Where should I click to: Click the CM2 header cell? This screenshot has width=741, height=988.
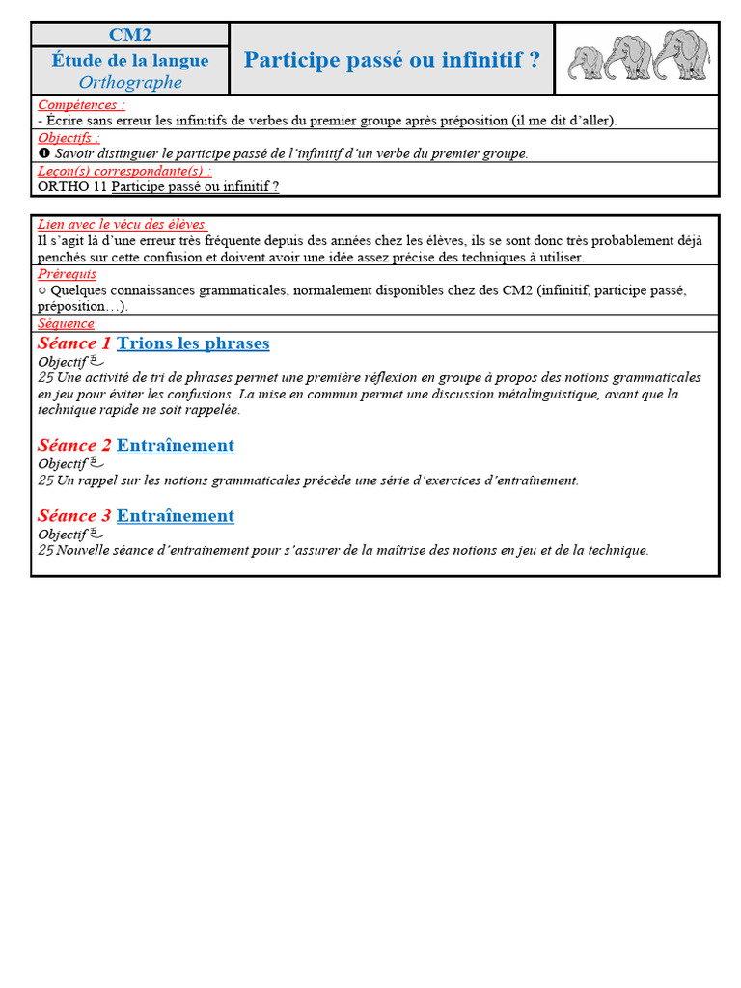(x=130, y=35)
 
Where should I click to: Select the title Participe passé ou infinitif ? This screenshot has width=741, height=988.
(x=392, y=60)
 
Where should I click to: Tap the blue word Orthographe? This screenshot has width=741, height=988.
(x=130, y=82)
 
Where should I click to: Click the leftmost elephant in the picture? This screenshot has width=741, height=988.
(x=586, y=63)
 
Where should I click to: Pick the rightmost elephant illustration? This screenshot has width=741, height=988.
(x=681, y=54)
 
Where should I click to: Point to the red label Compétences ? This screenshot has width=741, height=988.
(x=81, y=104)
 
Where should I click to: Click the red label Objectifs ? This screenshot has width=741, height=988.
(x=69, y=138)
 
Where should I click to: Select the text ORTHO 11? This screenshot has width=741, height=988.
(x=71, y=186)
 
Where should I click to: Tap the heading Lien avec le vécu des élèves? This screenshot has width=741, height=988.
(x=123, y=224)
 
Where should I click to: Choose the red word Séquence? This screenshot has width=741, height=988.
(x=66, y=323)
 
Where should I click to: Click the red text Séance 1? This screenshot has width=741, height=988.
(x=74, y=343)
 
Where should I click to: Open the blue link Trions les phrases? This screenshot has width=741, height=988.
(x=193, y=343)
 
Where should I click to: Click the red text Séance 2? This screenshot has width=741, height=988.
(x=74, y=445)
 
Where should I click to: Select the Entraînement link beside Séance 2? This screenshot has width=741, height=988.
(x=175, y=445)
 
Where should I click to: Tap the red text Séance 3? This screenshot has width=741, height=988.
(x=74, y=516)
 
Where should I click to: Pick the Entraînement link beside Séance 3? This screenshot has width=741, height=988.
(x=175, y=516)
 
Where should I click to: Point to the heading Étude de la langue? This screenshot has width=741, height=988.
(x=130, y=60)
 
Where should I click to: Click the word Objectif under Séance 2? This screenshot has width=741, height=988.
(x=62, y=464)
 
